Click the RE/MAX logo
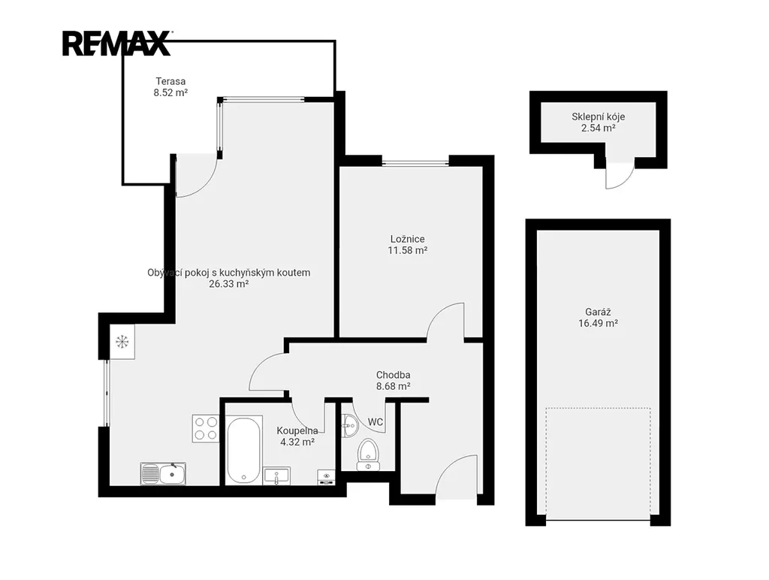click(116, 43)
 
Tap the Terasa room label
click(170, 81)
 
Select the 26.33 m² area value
click(228, 284)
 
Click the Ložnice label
click(408, 239)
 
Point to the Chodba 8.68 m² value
click(394, 386)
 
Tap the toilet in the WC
click(367, 452)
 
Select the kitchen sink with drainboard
click(163, 473)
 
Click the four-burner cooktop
click(206, 428)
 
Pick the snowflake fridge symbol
click(122, 342)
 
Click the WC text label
click(375, 422)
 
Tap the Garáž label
click(598, 312)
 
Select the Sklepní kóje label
click(599, 116)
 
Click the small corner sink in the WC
click(349, 425)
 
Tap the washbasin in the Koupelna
click(276, 476)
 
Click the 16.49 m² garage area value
click(598, 323)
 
